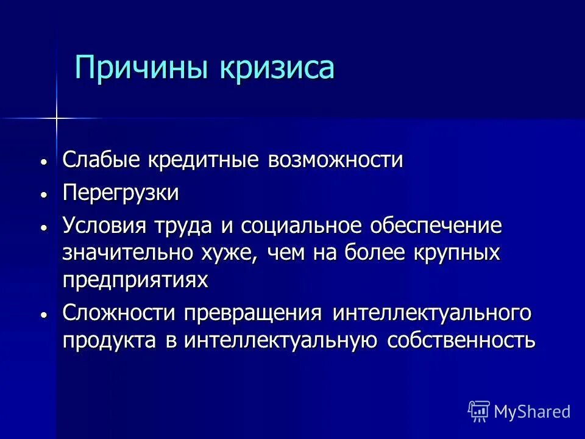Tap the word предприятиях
(x=135, y=280)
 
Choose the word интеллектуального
(x=431, y=313)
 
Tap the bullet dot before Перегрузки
(x=44, y=195)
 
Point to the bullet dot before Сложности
(x=44, y=314)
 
